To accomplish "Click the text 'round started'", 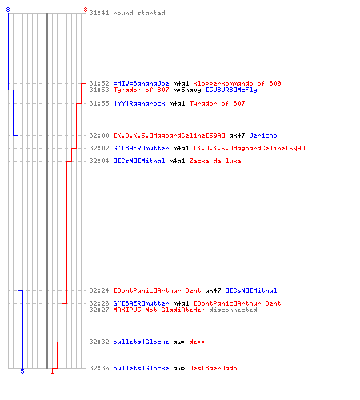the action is (x=139, y=13).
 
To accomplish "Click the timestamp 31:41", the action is (x=99, y=13).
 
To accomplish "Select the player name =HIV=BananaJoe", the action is (x=141, y=83).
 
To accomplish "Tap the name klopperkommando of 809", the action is (x=237, y=83).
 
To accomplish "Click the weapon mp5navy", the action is (x=187, y=90).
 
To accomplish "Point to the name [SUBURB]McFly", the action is (x=231, y=90).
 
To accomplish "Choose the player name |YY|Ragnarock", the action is (x=139, y=103).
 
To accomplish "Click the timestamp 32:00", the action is (x=99, y=135).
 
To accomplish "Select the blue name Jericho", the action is (x=263, y=135).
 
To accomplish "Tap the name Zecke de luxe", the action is (x=215, y=161).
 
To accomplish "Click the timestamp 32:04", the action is (x=99, y=161).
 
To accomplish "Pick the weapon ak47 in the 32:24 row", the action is (x=213, y=290).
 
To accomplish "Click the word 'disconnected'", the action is (x=233, y=310).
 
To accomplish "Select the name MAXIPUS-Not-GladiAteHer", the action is (x=159, y=310).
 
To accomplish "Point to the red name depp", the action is (x=197, y=342).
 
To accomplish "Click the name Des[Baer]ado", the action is (x=213, y=368).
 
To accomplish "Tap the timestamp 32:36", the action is (x=99, y=368).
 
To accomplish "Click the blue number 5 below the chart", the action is (x=22, y=371).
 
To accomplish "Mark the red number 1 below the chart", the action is (x=52, y=371).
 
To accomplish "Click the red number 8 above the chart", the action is (x=86, y=10).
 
